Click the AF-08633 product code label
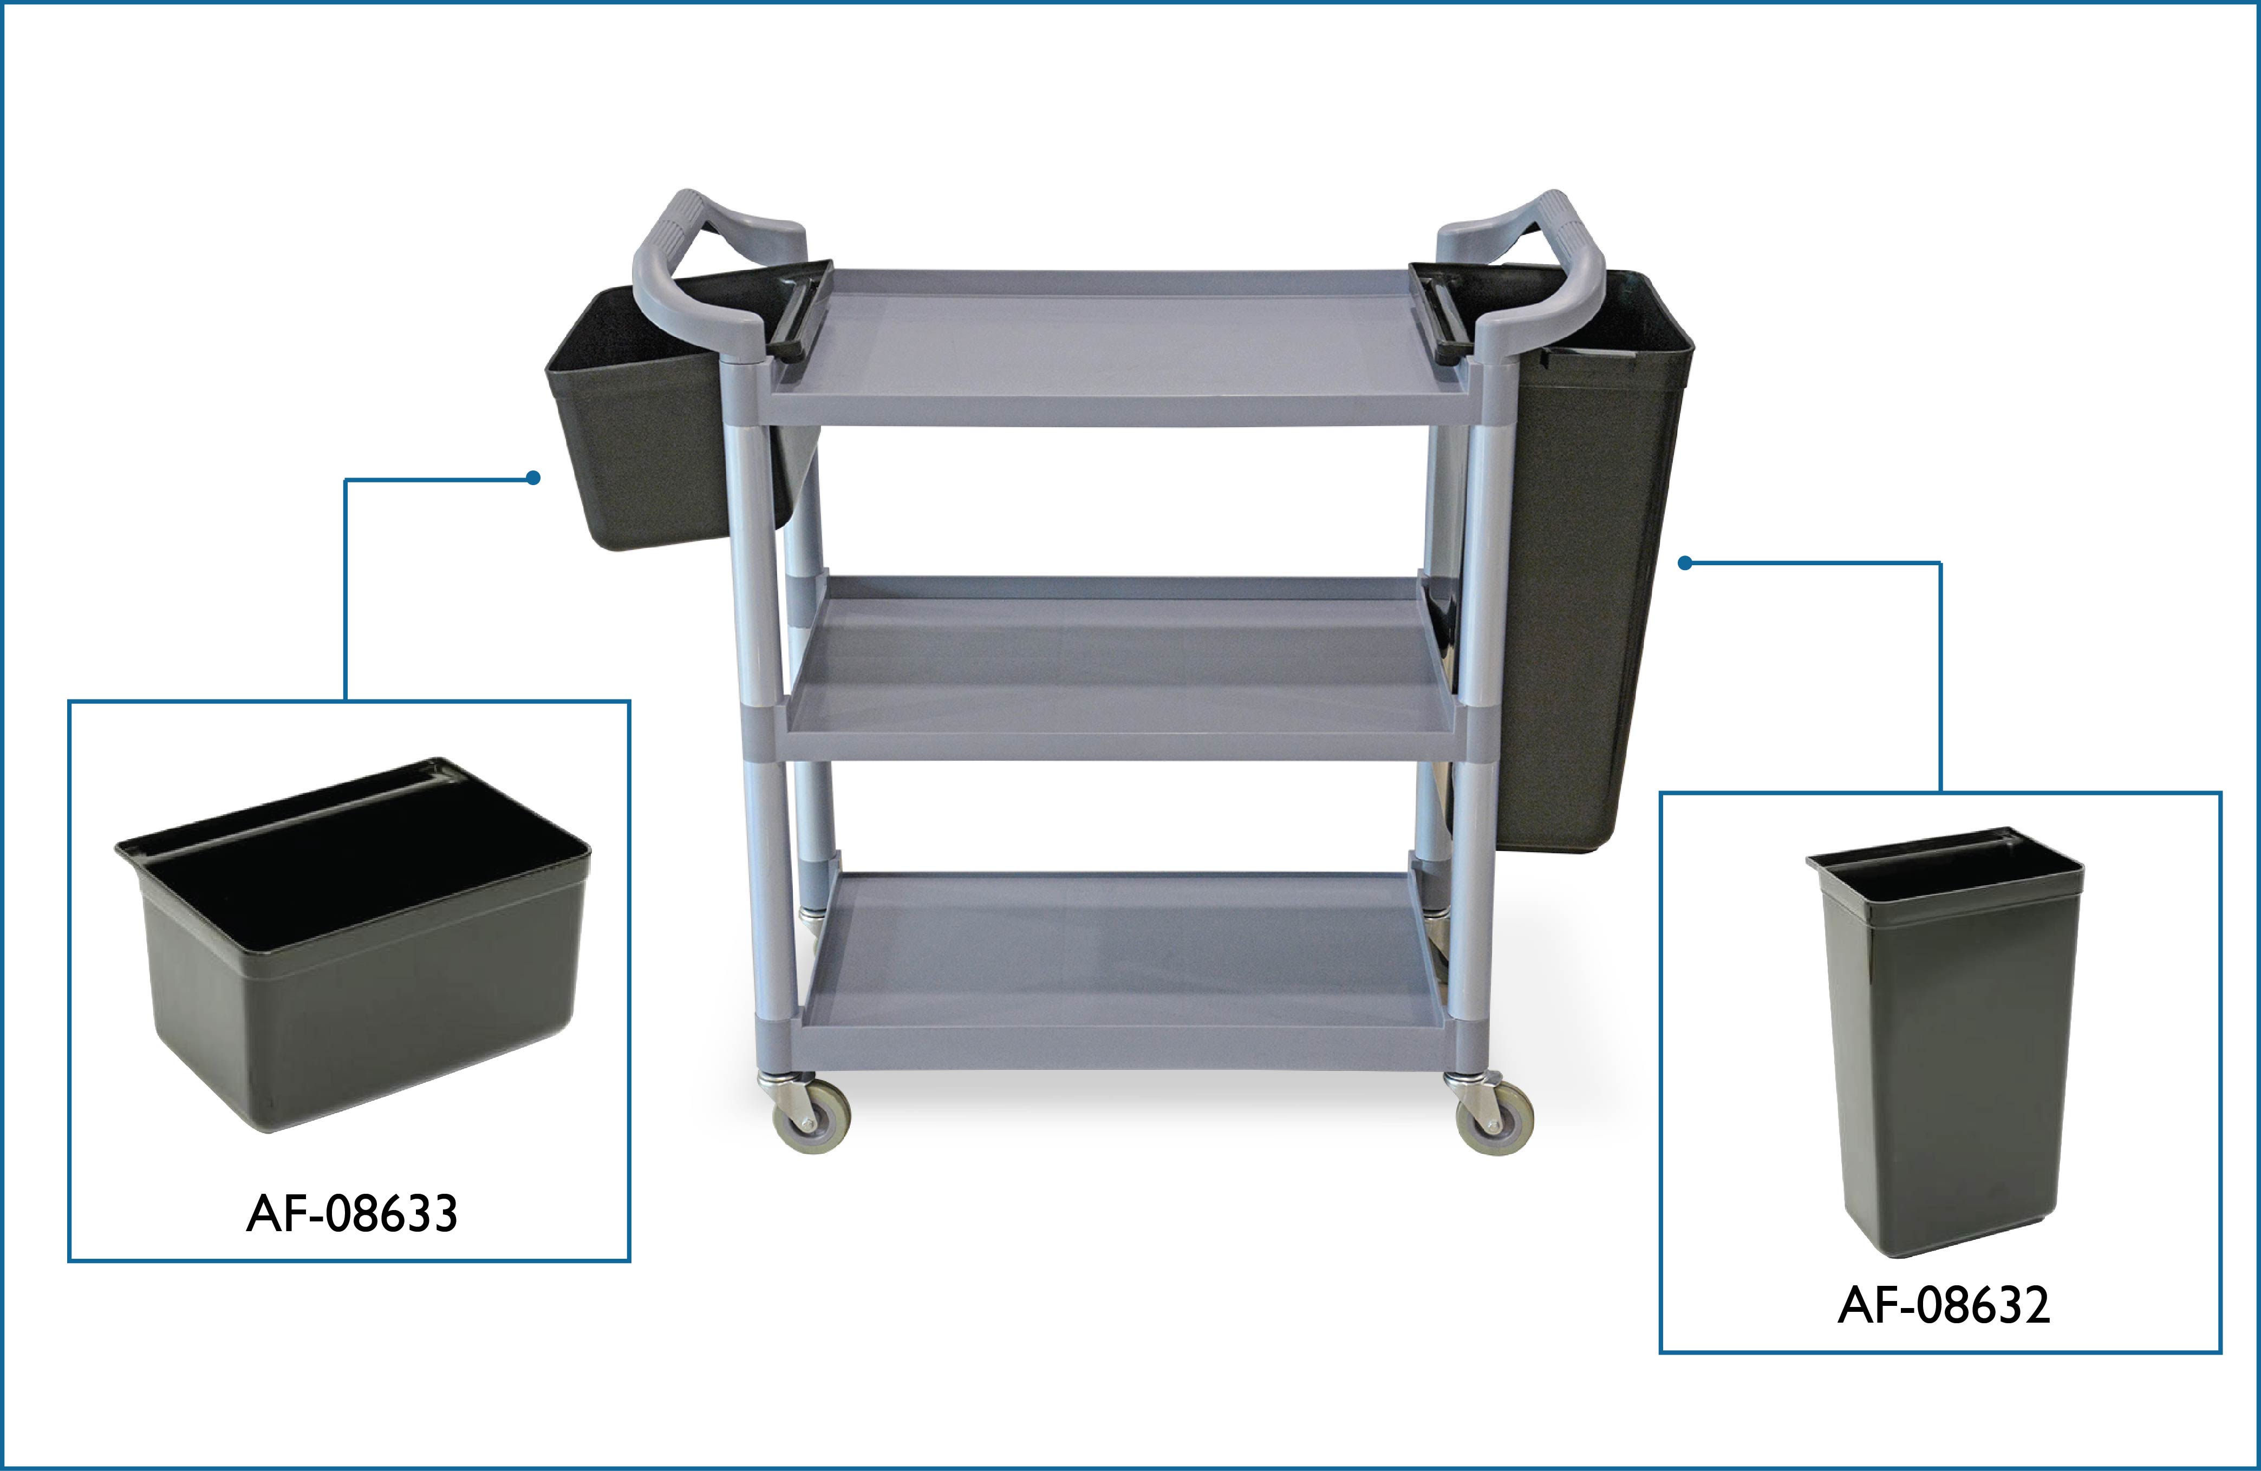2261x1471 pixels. tap(351, 1214)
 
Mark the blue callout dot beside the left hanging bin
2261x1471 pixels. tap(534, 478)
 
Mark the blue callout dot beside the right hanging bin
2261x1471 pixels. tap(1685, 563)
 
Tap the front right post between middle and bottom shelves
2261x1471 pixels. tap(1471, 888)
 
